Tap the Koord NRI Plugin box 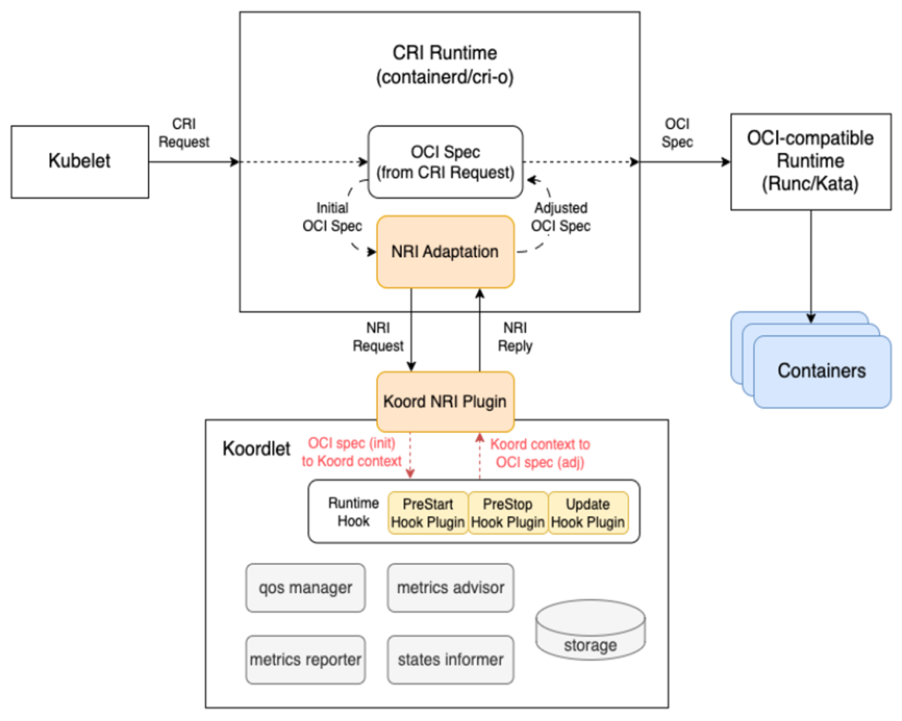pos(444,401)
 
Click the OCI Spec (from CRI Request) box pos(445,162)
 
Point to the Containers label pos(821,371)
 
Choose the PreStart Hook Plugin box pos(428,513)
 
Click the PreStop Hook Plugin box pos(508,513)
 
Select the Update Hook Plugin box pos(587,513)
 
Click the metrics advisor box pos(450,587)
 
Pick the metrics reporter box pos(305,659)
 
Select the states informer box pos(450,659)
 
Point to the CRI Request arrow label pos(185,133)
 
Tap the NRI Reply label pos(514,338)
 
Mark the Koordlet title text pos(256,449)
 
